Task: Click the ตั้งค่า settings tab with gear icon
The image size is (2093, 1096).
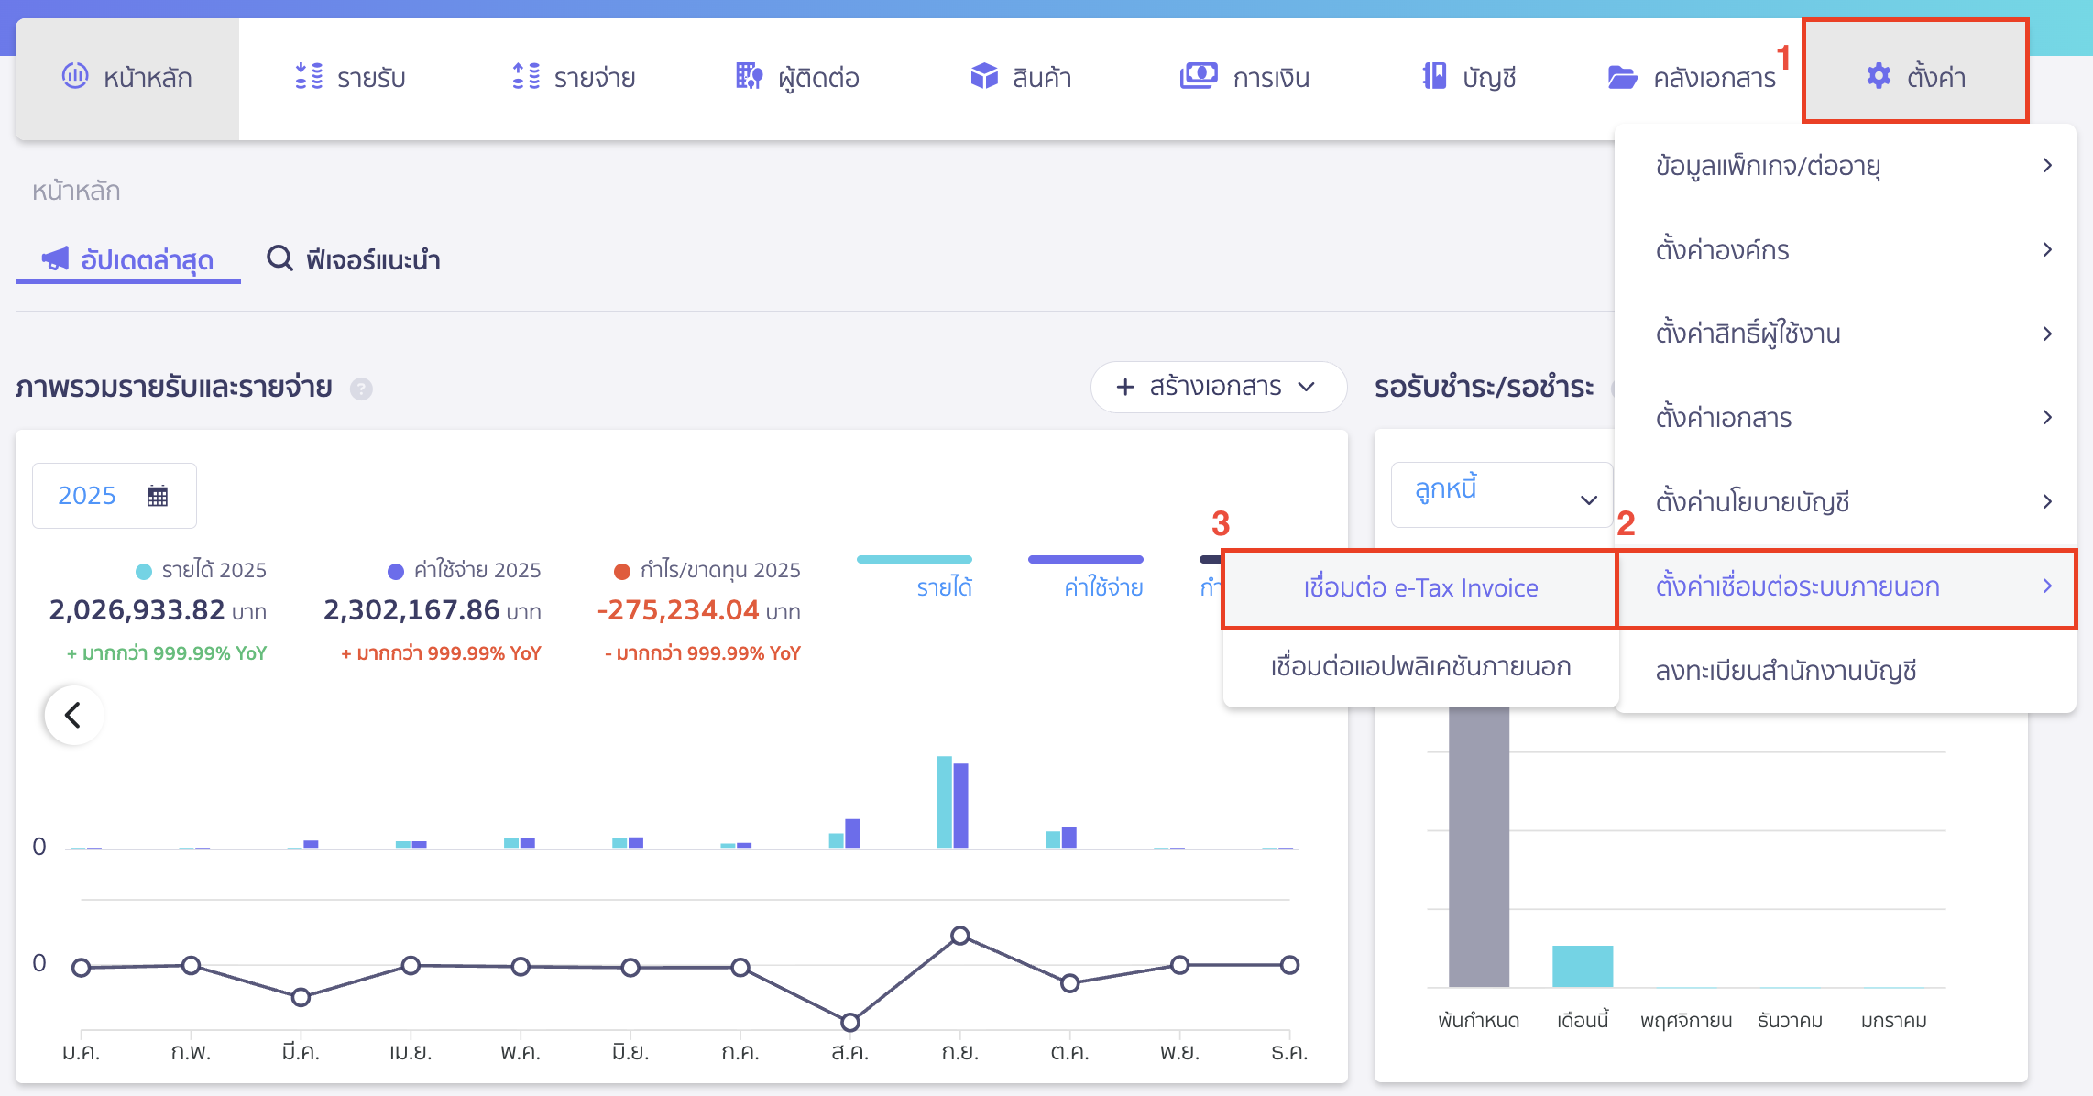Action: pyautogui.click(x=1915, y=76)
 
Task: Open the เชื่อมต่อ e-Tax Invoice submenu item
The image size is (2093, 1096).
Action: pyautogui.click(x=1419, y=588)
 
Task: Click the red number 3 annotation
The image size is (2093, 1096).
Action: pyautogui.click(x=1220, y=524)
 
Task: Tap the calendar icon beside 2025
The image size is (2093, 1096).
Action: pyautogui.click(x=158, y=496)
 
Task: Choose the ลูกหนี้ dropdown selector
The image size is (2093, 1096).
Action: pyautogui.click(x=1501, y=495)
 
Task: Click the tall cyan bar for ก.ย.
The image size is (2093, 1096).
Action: pyautogui.click(x=945, y=802)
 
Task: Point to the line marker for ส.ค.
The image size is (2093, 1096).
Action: pyautogui.click(x=849, y=1022)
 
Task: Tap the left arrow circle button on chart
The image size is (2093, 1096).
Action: pyautogui.click(x=73, y=715)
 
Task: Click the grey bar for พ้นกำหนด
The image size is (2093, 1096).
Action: pyautogui.click(x=1478, y=843)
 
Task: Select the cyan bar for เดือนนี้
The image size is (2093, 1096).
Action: pyautogui.click(x=1582, y=966)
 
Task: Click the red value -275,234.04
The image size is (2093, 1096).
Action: pyautogui.click(x=678, y=610)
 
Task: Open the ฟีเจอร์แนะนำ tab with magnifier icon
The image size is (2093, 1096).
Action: pyautogui.click(x=355, y=260)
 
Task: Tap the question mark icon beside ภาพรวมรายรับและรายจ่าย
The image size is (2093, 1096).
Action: pyautogui.click(x=361, y=389)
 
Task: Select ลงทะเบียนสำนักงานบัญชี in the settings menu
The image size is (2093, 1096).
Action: pyautogui.click(x=1785, y=671)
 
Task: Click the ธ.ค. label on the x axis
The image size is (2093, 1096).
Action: pyautogui.click(x=1288, y=1053)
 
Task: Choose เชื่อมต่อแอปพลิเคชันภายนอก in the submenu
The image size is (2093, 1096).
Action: pyautogui.click(x=1419, y=667)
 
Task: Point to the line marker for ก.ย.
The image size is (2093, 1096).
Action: pyautogui.click(x=959, y=936)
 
